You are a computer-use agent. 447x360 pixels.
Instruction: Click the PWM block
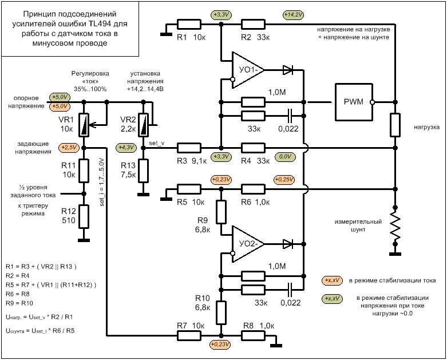pos(354,102)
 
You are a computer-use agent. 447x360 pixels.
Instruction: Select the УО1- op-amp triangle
pos(247,70)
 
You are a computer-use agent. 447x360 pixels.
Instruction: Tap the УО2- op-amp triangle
pos(247,244)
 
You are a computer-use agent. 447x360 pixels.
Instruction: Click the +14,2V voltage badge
pos(294,14)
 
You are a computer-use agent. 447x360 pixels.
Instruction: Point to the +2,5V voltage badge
pos(69,148)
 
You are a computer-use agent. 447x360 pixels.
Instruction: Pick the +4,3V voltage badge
pos(126,148)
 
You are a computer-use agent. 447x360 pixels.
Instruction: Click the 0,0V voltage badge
pos(285,157)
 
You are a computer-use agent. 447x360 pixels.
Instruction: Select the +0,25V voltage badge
pos(284,180)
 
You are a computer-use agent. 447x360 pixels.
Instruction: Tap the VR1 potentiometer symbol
pos(84,125)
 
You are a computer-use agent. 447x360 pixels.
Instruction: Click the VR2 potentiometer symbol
pos(144,125)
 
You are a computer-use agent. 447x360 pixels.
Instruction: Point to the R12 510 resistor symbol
pos(84,216)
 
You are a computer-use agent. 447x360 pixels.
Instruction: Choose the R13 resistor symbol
pos(143,171)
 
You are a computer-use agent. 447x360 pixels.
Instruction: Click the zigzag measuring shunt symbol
pos(395,226)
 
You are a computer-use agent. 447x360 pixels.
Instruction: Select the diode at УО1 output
pos(288,70)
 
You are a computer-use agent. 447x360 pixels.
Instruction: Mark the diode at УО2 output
pos(288,244)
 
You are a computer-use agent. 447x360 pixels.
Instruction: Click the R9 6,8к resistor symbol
pos(221,212)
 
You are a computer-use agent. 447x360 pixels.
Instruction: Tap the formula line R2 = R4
pos(17,276)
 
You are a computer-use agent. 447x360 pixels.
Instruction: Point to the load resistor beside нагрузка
pos(395,125)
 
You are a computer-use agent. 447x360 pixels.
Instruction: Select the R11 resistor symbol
pos(84,171)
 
